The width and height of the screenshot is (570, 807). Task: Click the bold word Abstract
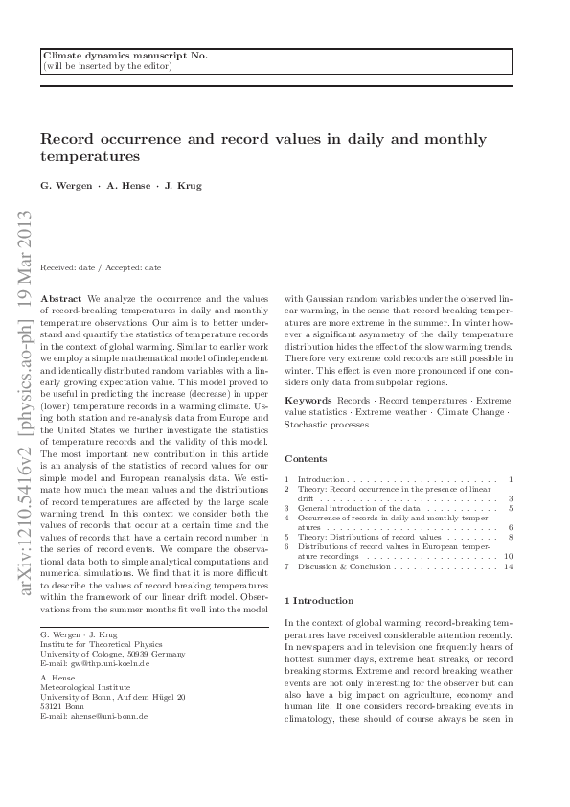[x=62, y=299]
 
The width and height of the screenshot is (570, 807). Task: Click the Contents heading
[x=306, y=459]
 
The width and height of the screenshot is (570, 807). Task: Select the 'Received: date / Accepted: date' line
[x=101, y=267]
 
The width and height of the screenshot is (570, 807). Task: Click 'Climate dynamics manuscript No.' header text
[x=125, y=56]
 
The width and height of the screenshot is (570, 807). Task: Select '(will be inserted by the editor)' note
[x=107, y=66]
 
